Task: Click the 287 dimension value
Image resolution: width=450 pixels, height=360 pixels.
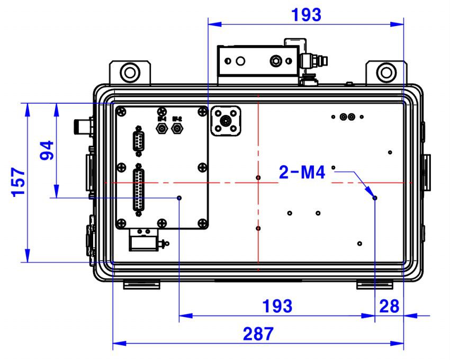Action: click(x=258, y=334)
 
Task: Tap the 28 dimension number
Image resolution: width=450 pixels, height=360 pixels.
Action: click(x=389, y=306)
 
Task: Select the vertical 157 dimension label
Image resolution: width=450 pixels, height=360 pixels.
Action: click(x=19, y=182)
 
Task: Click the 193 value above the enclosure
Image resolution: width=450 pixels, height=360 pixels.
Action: click(x=306, y=15)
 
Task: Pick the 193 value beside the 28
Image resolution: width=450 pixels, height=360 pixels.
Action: click(x=277, y=306)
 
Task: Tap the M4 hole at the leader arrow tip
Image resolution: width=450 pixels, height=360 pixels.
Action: click(x=375, y=197)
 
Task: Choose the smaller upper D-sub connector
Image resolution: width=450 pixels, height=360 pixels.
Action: click(x=139, y=141)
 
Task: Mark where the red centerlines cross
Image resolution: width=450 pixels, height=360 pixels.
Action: click(x=258, y=183)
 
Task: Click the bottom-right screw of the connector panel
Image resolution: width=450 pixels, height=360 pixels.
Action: click(x=201, y=222)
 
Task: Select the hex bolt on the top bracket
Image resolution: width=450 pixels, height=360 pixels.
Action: click(x=276, y=61)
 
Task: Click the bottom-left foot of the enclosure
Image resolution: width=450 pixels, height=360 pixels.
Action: click(x=141, y=285)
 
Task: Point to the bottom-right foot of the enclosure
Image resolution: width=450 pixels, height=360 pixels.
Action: click(x=375, y=285)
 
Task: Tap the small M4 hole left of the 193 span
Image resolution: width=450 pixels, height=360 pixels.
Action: click(x=179, y=197)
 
